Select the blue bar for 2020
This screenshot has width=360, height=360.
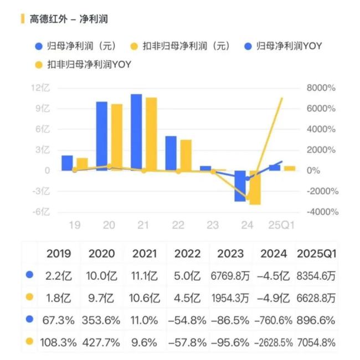[x=102, y=136]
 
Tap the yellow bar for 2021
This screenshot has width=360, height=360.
[x=151, y=133]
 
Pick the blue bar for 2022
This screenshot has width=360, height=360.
[x=171, y=153]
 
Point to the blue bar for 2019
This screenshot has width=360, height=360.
[x=67, y=163]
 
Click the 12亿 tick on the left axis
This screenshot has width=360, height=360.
[x=41, y=88]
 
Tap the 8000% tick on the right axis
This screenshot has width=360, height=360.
[x=321, y=88]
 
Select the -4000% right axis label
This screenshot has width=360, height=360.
[x=321, y=212]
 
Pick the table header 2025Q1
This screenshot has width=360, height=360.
[x=316, y=254]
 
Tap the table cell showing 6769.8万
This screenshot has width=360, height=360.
[x=230, y=275]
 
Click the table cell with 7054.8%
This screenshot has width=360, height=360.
[x=316, y=342]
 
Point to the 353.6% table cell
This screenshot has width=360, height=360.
[x=102, y=320]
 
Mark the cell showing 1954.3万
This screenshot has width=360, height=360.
[x=230, y=297]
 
